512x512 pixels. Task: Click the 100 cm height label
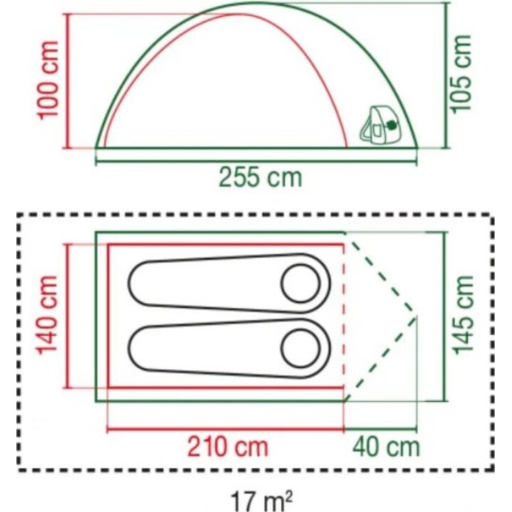pos(48,80)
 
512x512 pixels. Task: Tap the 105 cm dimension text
pos(461,74)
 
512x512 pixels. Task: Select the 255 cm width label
pos(260,177)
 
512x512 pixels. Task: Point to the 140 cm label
pos(48,315)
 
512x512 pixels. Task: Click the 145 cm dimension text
pos(463,315)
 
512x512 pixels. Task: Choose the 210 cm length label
pos(228,447)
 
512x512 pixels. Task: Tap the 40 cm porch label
pos(386,447)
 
